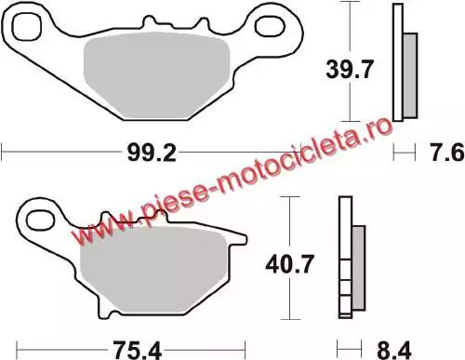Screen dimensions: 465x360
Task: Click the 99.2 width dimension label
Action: pyautogui.click(x=152, y=153)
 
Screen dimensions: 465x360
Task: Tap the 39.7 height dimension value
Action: pyautogui.click(x=350, y=70)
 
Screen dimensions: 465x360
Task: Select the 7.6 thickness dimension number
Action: pyautogui.click(x=447, y=153)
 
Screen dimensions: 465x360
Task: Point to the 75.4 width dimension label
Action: pyautogui.click(x=137, y=351)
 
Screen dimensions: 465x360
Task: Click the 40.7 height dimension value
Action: pyautogui.click(x=290, y=264)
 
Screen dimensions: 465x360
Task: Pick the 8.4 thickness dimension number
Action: pyautogui.click(x=394, y=351)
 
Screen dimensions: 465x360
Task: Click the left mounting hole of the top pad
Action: pyautogui.click(x=27, y=27)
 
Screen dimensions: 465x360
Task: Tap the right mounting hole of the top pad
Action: pyautogui.click(x=270, y=26)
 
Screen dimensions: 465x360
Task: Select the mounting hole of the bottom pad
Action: pyautogui.click(x=40, y=220)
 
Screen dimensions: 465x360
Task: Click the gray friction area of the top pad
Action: pyautogui.click(x=156, y=75)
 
